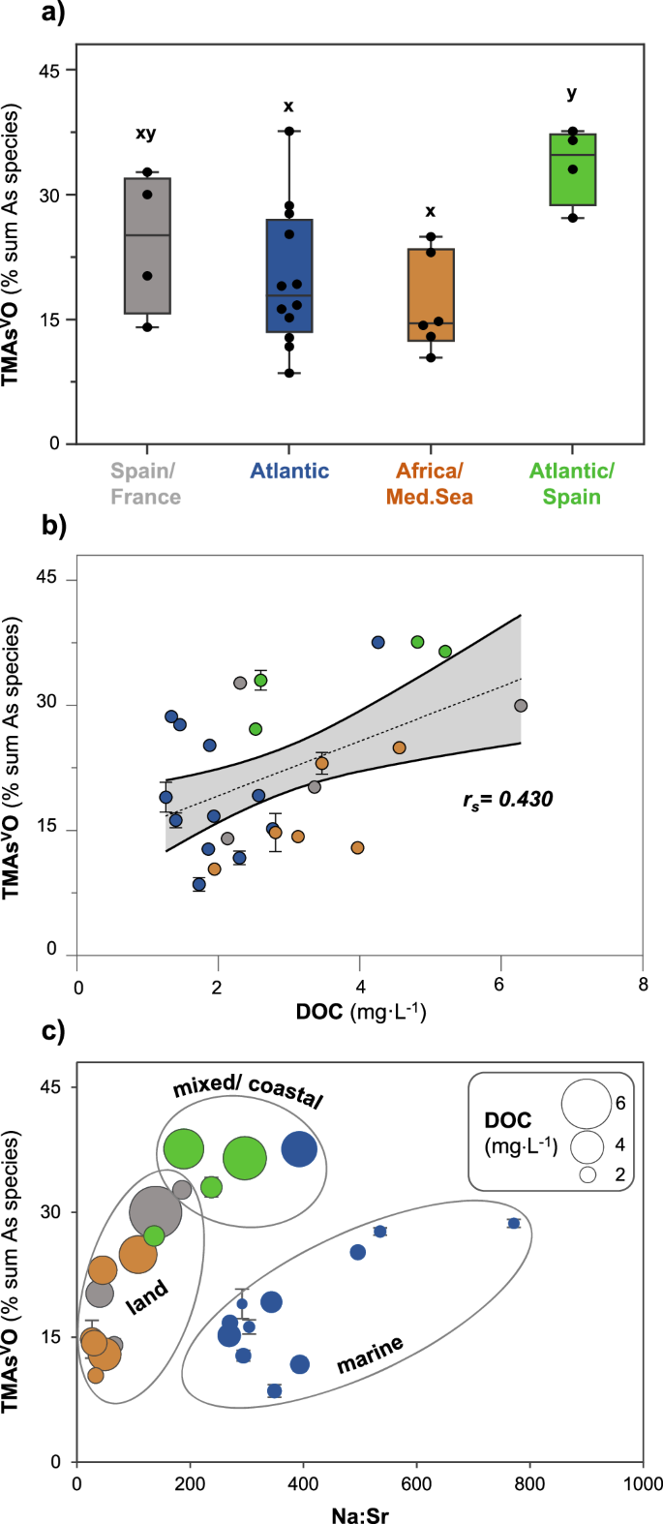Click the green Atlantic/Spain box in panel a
(572, 169)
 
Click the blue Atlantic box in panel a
(288, 275)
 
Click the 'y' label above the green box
(572, 93)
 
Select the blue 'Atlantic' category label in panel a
(289, 472)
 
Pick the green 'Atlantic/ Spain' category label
(572, 484)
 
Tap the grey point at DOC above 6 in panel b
(521, 706)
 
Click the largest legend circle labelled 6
(586, 1103)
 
